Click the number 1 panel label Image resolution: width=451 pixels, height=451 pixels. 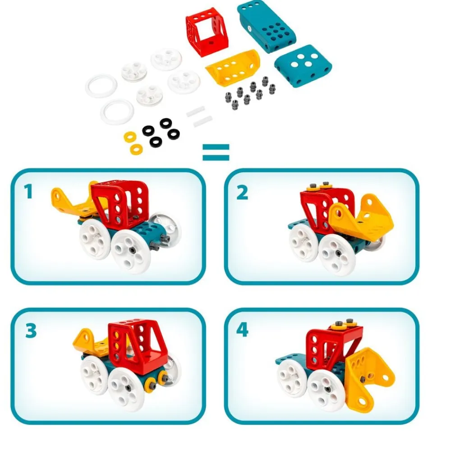(x=28, y=192)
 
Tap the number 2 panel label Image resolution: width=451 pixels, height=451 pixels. (x=242, y=193)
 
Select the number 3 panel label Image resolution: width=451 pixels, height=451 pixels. (x=31, y=331)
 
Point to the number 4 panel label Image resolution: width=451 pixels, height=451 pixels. (x=242, y=330)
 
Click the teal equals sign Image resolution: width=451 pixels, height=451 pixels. (x=216, y=152)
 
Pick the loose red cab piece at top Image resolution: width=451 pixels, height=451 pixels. (x=207, y=32)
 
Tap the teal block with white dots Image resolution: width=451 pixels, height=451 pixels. (x=303, y=65)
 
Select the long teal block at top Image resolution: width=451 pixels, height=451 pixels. (x=267, y=28)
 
